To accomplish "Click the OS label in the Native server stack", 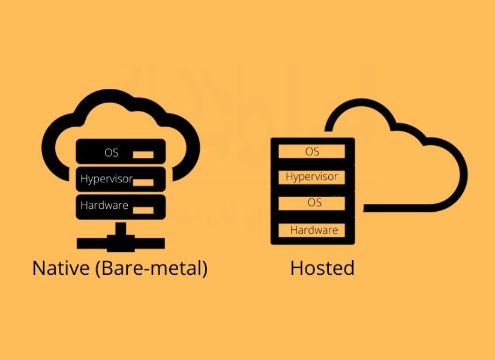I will [x=112, y=152].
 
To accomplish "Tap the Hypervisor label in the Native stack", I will [x=106, y=179].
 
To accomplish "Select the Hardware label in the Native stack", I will [x=104, y=205].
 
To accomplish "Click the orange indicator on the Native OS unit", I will [x=143, y=155].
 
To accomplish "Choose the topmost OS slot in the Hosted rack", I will [x=312, y=151].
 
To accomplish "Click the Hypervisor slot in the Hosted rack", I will [x=312, y=177].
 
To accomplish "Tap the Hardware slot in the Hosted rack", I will [x=314, y=230].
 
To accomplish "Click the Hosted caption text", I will [x=322, y=268].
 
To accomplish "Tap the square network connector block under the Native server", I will [x=121, y=242].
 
